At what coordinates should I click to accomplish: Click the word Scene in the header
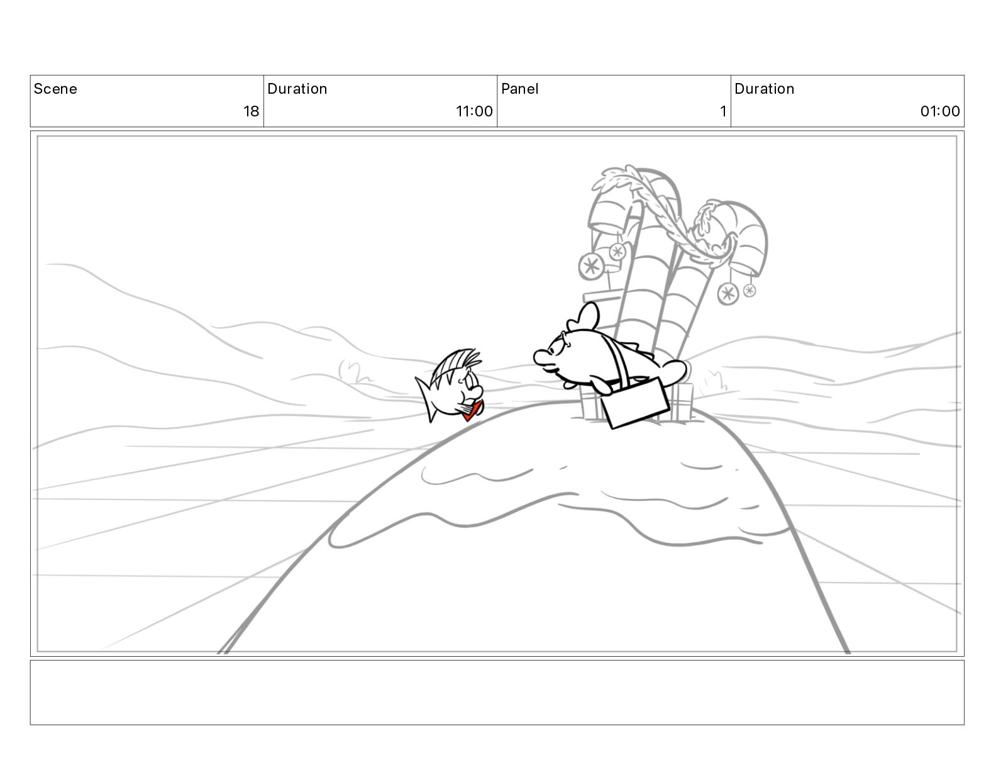[55, 89]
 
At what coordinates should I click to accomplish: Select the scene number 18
[251, 111]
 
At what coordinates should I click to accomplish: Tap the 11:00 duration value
[474, 111]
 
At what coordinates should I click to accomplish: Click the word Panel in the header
[519, 89]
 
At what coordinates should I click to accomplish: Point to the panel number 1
[723, 111]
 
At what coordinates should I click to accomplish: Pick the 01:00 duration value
[939, 111]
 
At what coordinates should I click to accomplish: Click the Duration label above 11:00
[297, 89]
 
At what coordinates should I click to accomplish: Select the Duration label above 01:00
[764, 89]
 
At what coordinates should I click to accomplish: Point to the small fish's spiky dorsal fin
[455, 364]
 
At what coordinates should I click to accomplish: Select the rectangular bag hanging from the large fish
[636, 402]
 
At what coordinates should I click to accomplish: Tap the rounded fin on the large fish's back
[584, 316]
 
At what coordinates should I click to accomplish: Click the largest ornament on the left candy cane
[591, 266]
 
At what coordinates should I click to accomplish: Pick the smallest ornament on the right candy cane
[749, 290]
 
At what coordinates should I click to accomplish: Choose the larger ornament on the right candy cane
[728, 294]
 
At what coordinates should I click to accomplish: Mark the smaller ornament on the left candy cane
[617, 251]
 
